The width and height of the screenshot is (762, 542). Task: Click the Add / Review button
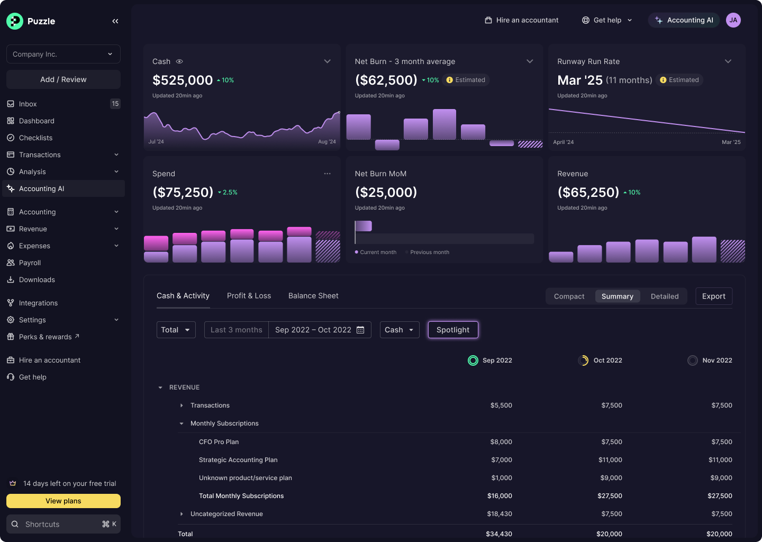(63, 79)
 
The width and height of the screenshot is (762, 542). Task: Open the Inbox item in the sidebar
(28, 104)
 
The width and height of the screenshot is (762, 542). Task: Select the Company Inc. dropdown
(63, 54)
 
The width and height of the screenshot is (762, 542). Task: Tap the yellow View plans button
(63, 501)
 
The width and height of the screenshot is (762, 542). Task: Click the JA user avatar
(733, 20)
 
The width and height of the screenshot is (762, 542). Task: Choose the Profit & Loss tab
(249, 296)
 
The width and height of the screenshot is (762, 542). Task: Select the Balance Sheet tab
(313, 296)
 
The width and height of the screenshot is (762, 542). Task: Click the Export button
(713, 296)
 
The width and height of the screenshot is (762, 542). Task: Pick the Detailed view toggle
(664, 296)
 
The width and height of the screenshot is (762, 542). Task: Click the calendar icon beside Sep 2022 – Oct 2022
(360, 330)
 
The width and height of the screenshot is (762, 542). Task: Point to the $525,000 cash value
(183, 80)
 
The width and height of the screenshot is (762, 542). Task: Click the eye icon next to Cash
(179, 61)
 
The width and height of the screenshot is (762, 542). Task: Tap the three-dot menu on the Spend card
(327, 174)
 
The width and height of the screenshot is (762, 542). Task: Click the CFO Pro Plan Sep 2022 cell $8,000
(501, 442)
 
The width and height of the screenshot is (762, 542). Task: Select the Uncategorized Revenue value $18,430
(499, 514)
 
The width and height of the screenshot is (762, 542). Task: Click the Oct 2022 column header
(607, 360)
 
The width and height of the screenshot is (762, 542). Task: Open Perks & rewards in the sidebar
(45, 337)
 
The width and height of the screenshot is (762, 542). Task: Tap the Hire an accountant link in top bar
(521, 20)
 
